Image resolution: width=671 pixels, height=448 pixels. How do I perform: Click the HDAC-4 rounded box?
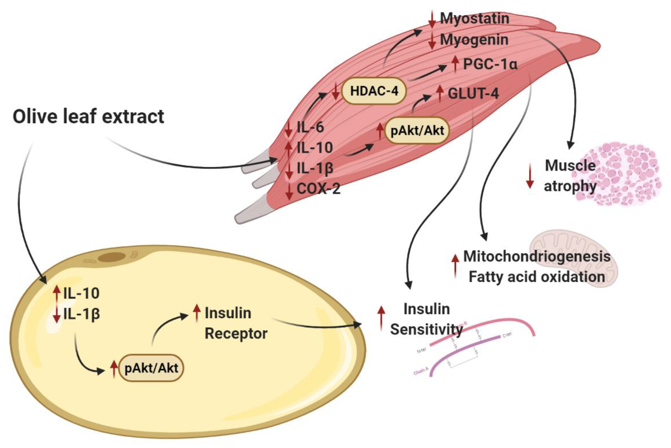(x=374, y=91)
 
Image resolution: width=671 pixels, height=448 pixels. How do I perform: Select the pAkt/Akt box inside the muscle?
(x=417, y=130)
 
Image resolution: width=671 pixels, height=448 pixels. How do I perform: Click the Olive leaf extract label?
(x=89, y=117)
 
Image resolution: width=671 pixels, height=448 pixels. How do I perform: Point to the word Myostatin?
(x=474, y=18)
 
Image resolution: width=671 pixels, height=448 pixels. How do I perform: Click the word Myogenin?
(x=474, y=39)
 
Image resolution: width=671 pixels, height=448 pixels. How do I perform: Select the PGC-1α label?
(x=490, y=64)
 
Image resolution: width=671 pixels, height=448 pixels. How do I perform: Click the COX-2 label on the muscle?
(x=318, y=189)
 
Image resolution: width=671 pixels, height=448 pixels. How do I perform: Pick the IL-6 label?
(x=310, y=127)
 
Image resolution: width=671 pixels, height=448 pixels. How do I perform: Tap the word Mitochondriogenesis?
(x=537, y=256)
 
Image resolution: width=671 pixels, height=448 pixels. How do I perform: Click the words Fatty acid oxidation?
(x=537, y=277)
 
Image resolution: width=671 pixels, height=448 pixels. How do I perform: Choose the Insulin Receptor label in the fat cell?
(x=236, y=323)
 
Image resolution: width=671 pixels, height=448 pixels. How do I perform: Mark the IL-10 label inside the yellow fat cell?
(x=81, y=293)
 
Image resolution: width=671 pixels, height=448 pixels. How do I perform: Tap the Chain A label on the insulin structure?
(x=421, y=371)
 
